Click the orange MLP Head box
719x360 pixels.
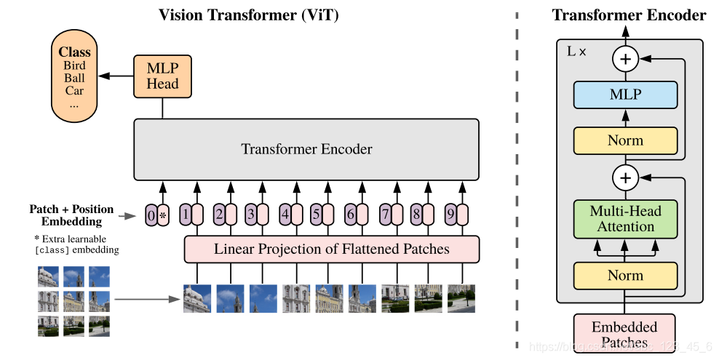click(x=162, y=76)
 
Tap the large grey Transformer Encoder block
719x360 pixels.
click(x=306, y=149)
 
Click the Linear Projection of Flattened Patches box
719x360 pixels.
click(x=331, y=249)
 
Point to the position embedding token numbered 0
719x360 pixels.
click(x=151, y=215)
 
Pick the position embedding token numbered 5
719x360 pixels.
click(x=317, y=215)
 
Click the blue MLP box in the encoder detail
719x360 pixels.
click(x=625, y=95)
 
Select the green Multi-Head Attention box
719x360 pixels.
click(x=625, y=219)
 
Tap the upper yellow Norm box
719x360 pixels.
click(x=625, y=140)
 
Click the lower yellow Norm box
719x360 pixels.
click(x=625, y=276)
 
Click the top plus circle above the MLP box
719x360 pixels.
click(x=624, y=59)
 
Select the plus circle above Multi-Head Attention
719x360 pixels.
click(x=624, y=177)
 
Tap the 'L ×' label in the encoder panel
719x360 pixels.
click(x=576, y=52)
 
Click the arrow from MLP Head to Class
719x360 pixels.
click(x=116, y=76)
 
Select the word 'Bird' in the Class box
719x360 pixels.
click(x=74, y=65)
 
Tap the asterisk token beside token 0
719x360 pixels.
click(x=163, y=215)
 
